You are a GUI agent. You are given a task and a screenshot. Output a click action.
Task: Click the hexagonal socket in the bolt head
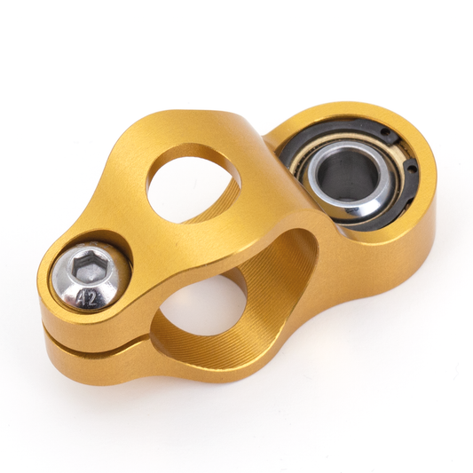pos(89,264)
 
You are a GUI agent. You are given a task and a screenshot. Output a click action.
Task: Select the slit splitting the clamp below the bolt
pos(98,345)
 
